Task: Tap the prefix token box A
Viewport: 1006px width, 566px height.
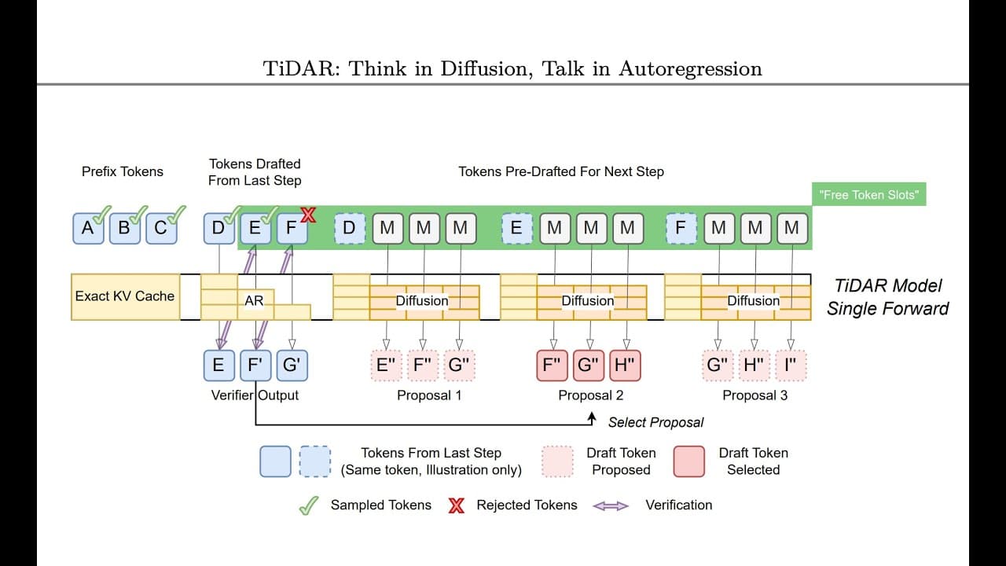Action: (88, 228)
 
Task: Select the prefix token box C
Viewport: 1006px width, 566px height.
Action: (161, 228)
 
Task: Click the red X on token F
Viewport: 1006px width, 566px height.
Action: (307, 215)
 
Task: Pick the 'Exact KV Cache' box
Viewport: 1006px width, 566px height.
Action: (125, 296)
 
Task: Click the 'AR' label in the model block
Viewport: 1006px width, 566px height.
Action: (254, 300)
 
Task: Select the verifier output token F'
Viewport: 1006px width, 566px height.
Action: (255, 366)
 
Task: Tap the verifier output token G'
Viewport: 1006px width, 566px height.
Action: (291, 366)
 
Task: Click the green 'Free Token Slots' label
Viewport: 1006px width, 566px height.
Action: (868, 195)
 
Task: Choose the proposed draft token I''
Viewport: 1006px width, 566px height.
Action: (791, 366)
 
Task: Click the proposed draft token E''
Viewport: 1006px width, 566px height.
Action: (386, 366)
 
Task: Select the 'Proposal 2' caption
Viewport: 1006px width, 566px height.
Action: (590, 395)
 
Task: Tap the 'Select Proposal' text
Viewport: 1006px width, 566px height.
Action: (655, 422)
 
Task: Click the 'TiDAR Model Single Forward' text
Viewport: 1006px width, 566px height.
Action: (887, 297)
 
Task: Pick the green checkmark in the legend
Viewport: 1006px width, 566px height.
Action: (308, 505)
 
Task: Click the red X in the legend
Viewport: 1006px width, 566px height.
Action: (456, 505)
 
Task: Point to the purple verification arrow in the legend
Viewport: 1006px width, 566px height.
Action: (611, 505)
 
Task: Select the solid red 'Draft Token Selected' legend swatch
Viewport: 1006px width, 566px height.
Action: (689, 461)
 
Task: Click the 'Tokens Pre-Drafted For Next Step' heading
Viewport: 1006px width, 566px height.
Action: (561, 171)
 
